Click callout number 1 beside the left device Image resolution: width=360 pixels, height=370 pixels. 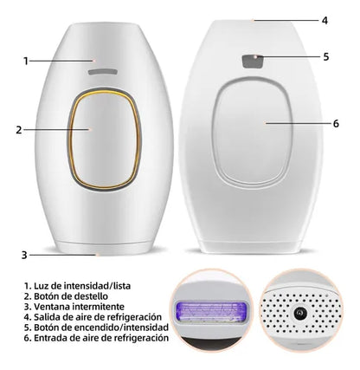coord(26,62)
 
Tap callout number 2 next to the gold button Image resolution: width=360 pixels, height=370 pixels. coord(19,130)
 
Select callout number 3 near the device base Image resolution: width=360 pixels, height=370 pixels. coord(24,256)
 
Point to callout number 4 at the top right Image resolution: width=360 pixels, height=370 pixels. coord(325,21)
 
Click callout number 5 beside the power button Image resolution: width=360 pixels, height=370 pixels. coord(326,56)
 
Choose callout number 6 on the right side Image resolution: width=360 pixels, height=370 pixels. coord(336,124)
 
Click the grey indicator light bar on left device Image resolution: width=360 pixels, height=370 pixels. coord(103,72)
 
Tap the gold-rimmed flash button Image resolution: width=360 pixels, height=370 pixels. coord(104,139)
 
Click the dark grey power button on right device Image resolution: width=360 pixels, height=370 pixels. coord(253,62)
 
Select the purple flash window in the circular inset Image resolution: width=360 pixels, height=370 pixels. coord(209,311)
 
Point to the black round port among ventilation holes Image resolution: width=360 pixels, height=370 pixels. coord(300,313)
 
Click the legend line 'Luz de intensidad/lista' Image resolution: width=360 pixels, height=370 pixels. coord(77,286)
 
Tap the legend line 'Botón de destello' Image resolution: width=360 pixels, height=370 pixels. coord(66,296)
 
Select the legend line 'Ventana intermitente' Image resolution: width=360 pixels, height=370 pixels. coord(74,307)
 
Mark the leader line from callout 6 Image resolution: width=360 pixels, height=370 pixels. coord(298,123)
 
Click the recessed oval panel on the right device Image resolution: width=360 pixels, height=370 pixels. coord(253,133)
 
